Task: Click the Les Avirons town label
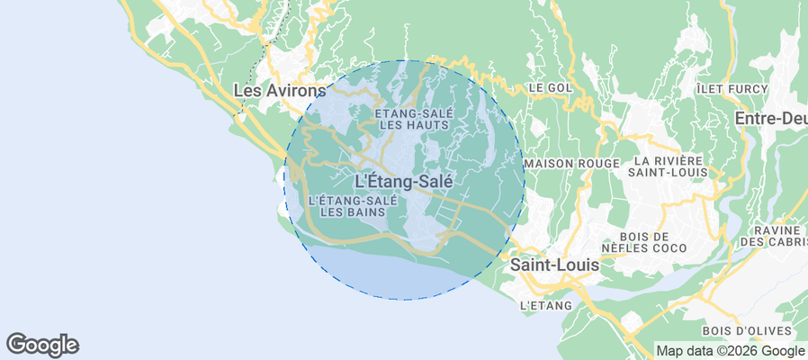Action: point(279,91)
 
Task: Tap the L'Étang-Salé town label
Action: point(410,181)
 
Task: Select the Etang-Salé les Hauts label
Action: point(412,119)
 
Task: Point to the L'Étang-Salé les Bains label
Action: point(353,206)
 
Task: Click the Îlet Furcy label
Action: point(732,89)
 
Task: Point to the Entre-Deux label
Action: point(770,118)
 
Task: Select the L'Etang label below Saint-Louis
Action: point(546,306)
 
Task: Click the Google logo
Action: point(42,345)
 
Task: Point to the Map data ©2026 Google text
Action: point(730,351)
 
